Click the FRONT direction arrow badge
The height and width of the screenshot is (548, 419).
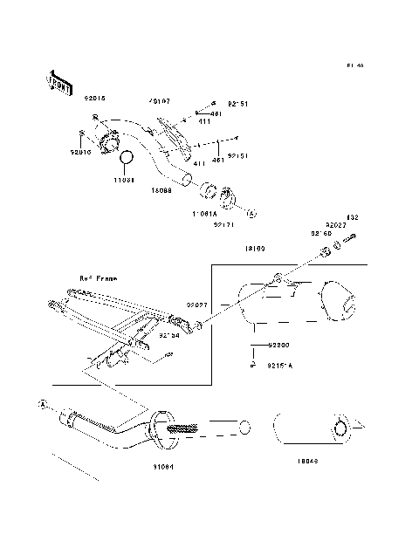(57, 80)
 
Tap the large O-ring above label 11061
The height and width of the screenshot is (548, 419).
(125, 159)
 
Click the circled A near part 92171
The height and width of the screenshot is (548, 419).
(250, 212)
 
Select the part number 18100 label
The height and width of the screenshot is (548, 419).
(256, 249)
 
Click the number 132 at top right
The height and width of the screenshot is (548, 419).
(353, 217)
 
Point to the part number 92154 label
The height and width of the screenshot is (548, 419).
(168, 332)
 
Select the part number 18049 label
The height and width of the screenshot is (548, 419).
(308, 460)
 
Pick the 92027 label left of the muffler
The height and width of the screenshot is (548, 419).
(195, 306)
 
